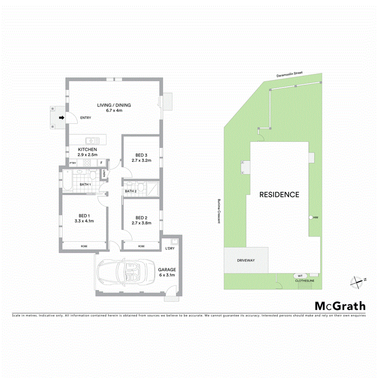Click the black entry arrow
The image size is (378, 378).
pyautogui.click(x=61, y=118)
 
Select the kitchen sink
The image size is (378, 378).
pyautogui.click(x=92, y=141)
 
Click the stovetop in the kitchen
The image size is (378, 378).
pyautogui.click(x=87, y=163)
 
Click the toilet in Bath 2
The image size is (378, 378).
pyautogui.click(x=141, y=187)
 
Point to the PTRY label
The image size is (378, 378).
pyautogui.click(x=73, y=163)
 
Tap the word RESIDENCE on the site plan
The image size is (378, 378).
pyautogui.click(x=279, y=195)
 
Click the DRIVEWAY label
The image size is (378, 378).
pyautogui.click(x=246, y=260)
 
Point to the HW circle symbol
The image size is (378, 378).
pyautogui.click(x=311, y=218)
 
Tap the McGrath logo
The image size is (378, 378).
pyautogui.click(x=340, y=306)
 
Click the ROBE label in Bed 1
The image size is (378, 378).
pyautogui.click(x=84, y=246)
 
